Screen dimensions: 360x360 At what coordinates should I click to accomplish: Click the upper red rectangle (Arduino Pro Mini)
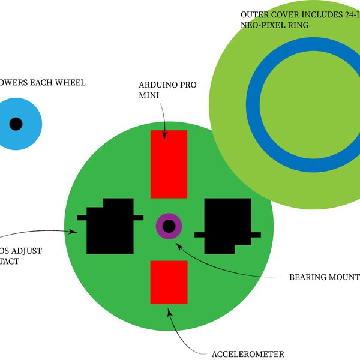pyautogui.click(x=169, y=164)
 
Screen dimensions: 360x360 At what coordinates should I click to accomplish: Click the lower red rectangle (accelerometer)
pyautogui.click(x=169, y=282)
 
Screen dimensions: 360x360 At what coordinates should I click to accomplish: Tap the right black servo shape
pyautogui.click(x=228, y=226)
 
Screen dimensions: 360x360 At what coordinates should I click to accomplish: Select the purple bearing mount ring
pyautogui.click(x=160, y=226)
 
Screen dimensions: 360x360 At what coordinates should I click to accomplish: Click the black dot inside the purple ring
pyautogui.click(x=169, y=226)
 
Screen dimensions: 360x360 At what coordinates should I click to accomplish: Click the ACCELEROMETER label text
pyautogui.click(x=248, y=354)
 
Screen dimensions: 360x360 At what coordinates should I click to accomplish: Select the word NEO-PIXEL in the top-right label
pyautogui.click(x=262, y=25)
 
